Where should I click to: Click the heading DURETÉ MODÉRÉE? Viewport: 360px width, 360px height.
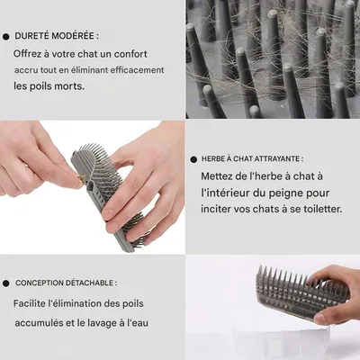pos(54,36)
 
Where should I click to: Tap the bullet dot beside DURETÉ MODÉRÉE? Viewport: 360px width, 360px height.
pos(6,37)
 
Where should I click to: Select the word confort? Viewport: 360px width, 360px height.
pos(130,54)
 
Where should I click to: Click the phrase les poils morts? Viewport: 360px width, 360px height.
pos(49,86)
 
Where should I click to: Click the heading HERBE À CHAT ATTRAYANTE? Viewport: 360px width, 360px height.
pos(250,158)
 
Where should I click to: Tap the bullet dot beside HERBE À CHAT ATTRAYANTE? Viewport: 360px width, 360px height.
pos(193,159)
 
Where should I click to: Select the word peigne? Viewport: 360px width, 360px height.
pos(286,193)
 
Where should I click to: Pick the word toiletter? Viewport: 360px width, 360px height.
pos(322,209)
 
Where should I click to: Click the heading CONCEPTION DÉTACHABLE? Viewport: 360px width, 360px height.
pos(64,283)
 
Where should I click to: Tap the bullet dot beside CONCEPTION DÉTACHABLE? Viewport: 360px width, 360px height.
pos(6,283)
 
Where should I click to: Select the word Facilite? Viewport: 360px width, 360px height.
pos(29,303)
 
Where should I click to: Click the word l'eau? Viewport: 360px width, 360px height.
pos(138,323)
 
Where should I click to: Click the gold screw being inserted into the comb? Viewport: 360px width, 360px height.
pos(81,178)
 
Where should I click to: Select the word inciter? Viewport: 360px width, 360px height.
pos(214,209)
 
